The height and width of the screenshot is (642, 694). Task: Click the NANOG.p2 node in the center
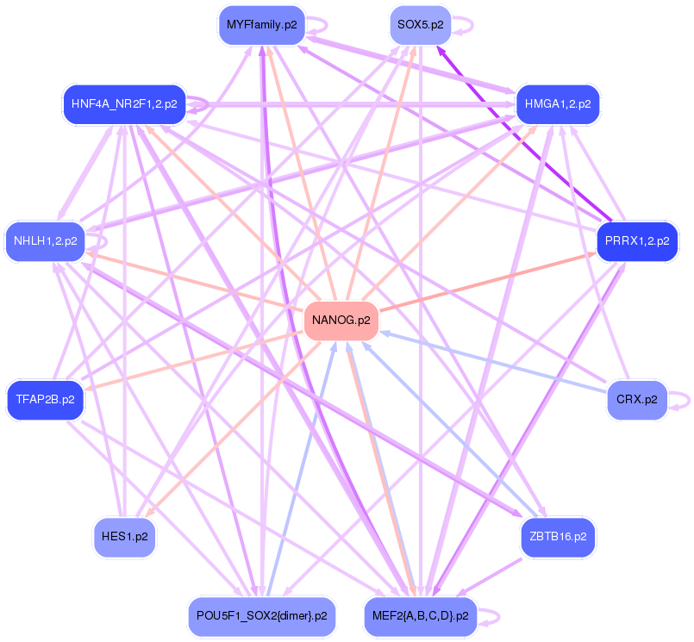341,321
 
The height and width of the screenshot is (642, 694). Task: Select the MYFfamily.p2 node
261,25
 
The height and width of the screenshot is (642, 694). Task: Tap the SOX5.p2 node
419,25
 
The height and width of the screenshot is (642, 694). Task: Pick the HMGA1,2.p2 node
557,104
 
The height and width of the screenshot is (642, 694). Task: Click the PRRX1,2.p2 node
636,241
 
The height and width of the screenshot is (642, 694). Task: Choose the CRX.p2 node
636,400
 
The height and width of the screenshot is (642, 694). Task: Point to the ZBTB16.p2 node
557,536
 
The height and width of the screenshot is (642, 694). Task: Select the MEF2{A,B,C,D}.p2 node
420,616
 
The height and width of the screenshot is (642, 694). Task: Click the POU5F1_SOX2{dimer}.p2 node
261,616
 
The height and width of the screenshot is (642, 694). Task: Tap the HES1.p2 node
124,536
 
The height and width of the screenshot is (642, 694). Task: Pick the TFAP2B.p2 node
45,400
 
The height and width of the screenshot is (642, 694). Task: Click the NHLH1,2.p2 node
45,241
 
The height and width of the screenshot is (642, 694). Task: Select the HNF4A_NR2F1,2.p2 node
124,104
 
